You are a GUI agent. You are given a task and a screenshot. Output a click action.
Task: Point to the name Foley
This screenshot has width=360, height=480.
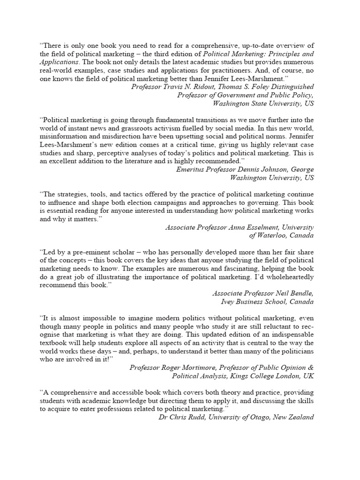tap(252, 87)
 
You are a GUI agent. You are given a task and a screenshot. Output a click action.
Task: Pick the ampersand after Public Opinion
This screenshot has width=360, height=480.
tap(310, 367)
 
